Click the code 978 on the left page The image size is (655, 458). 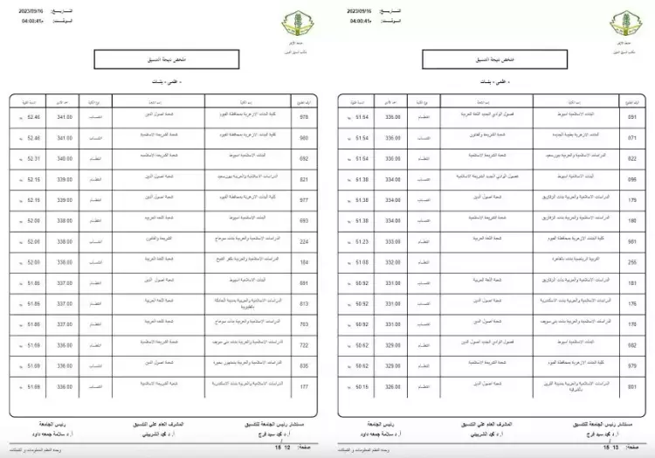304,115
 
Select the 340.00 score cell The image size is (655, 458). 65,159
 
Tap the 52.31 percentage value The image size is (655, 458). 35,159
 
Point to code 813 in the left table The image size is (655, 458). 304,304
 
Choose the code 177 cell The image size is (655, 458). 304,386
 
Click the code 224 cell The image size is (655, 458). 304,240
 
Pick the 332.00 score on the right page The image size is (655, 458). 392,261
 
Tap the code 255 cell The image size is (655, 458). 632,261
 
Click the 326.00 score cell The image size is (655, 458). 392,386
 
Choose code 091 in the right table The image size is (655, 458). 632,115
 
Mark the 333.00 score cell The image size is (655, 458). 392,240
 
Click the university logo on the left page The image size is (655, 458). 289,21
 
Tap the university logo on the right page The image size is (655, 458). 622,21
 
